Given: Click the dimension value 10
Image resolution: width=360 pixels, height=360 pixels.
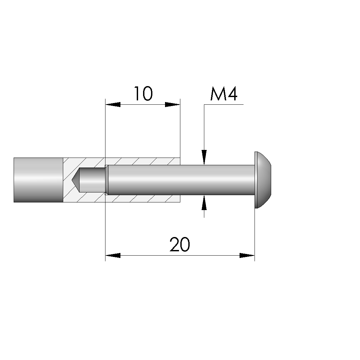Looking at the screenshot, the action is (x=143, y=94).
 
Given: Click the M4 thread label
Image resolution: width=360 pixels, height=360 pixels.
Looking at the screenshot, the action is (x=224, y=94).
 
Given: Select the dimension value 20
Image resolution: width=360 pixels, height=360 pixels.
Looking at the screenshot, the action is (x=180, y=244).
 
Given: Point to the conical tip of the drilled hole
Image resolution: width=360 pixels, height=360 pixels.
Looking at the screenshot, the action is (x=76, y=180).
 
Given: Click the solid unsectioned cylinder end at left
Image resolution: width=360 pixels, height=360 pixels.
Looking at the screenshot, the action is (x=38, y=180).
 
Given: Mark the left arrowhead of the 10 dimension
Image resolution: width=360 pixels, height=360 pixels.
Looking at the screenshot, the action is (x=113, y=105).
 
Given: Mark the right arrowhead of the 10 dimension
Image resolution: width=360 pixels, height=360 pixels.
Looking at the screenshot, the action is (x=173, y=105).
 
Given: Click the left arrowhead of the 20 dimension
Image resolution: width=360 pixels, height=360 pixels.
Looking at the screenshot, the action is (x=113, y=255).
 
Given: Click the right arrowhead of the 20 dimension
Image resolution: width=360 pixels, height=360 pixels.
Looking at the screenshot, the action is (x=247, y=255).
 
